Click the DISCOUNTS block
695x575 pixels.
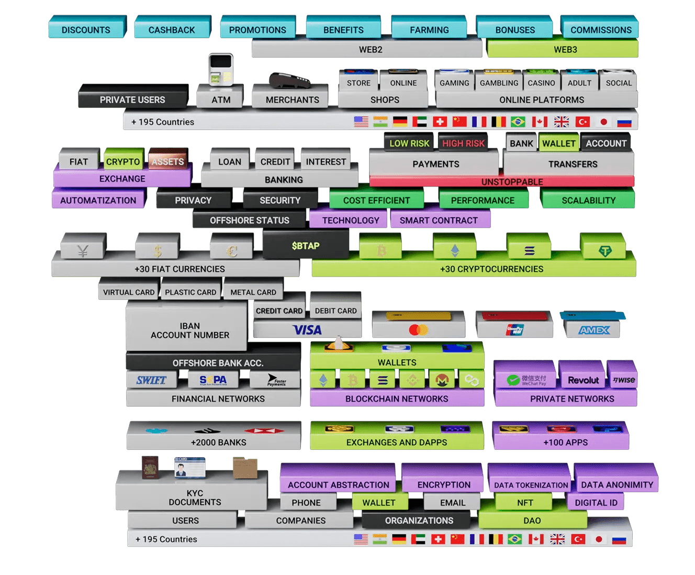click(86, 30)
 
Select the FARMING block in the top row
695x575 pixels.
click(429, 30)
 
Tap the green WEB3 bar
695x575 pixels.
click(565, 50)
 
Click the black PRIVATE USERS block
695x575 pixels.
click(132, 99)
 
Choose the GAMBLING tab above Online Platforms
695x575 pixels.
click(499, 83)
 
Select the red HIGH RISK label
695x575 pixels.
click(463, 143)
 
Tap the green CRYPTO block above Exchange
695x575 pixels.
click(123, 162)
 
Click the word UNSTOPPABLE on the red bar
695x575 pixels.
click(512, 182)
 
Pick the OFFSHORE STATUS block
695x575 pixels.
click(249, 220)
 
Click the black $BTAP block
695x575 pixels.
click(306, 246)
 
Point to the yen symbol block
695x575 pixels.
click(83, 251)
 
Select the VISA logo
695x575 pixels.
click(307, 330)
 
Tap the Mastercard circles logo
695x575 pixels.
click(418, 330)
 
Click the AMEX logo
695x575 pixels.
click(594, 330)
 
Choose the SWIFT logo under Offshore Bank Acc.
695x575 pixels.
click(151, 380)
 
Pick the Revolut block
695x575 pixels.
click(583, 380)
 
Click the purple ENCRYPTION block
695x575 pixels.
click(444, 484)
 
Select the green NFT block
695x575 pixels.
click(525, 503)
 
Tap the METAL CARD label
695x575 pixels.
click(253, 292)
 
